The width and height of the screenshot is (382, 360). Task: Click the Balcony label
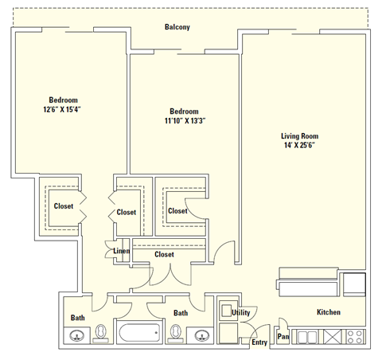pos(177,27)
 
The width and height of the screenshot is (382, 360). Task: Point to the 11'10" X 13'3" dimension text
pos(184,121)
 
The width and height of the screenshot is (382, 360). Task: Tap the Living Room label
pos(300,135)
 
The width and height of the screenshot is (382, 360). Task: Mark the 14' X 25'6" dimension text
pos(300,146)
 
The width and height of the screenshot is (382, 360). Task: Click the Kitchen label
pos(329,312)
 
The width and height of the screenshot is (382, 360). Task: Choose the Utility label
pos(241,313)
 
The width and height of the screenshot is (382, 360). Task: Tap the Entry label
pos(259,342)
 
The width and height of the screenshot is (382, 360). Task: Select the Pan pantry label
pos(283,337)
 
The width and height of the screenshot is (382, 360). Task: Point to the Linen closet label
pos(122,252)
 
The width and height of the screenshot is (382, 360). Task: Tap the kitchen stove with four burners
pos(355,337)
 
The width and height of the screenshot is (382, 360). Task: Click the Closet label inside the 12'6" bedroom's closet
pos(64,205)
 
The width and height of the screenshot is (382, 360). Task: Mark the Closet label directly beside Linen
pos(164,254)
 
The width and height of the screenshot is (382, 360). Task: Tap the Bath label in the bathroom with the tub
pos(181,314)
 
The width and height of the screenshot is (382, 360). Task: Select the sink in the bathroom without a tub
pos(77,335)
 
